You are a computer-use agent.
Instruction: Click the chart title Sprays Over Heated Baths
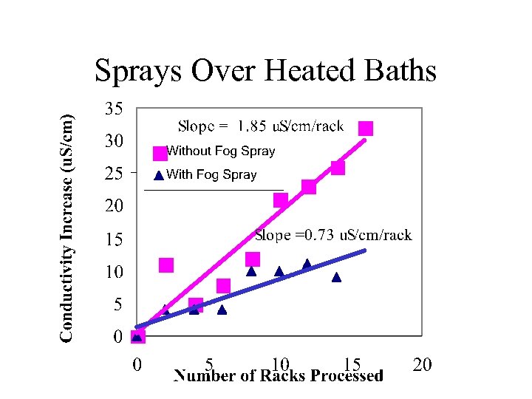(x=265, y=71)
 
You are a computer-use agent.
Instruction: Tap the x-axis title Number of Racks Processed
(x=278, y=376)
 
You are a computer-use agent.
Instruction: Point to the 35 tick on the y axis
(x=113, y=109)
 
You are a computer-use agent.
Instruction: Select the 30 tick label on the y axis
(x=113, y=140)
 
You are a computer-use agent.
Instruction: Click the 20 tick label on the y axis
(x=113, y=205)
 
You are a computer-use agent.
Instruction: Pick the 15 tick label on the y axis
(x=113, y=239)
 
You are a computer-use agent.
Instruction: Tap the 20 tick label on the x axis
(x=421, y=364)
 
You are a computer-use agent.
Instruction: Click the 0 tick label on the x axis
(x=137, y=364)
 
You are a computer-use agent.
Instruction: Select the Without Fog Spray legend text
(x=220, y=151)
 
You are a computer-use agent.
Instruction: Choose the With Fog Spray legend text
(x=211, y=175)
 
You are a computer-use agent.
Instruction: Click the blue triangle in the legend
(x=158, y=176)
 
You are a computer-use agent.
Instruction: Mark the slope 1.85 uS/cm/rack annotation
(x=261, y=126)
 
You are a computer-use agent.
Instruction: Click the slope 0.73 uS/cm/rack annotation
(x=332, y=236)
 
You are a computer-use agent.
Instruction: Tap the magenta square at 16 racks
(x=366, y=129)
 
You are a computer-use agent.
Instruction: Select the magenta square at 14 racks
(x=338, y=168)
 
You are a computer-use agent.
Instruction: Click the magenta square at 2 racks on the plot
(x=166, y=265)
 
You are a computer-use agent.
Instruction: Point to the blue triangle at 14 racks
(x=337, y=278)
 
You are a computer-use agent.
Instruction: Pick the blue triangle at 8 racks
(x=251, y=271)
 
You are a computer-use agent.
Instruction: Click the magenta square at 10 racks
(x=281, y=200)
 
